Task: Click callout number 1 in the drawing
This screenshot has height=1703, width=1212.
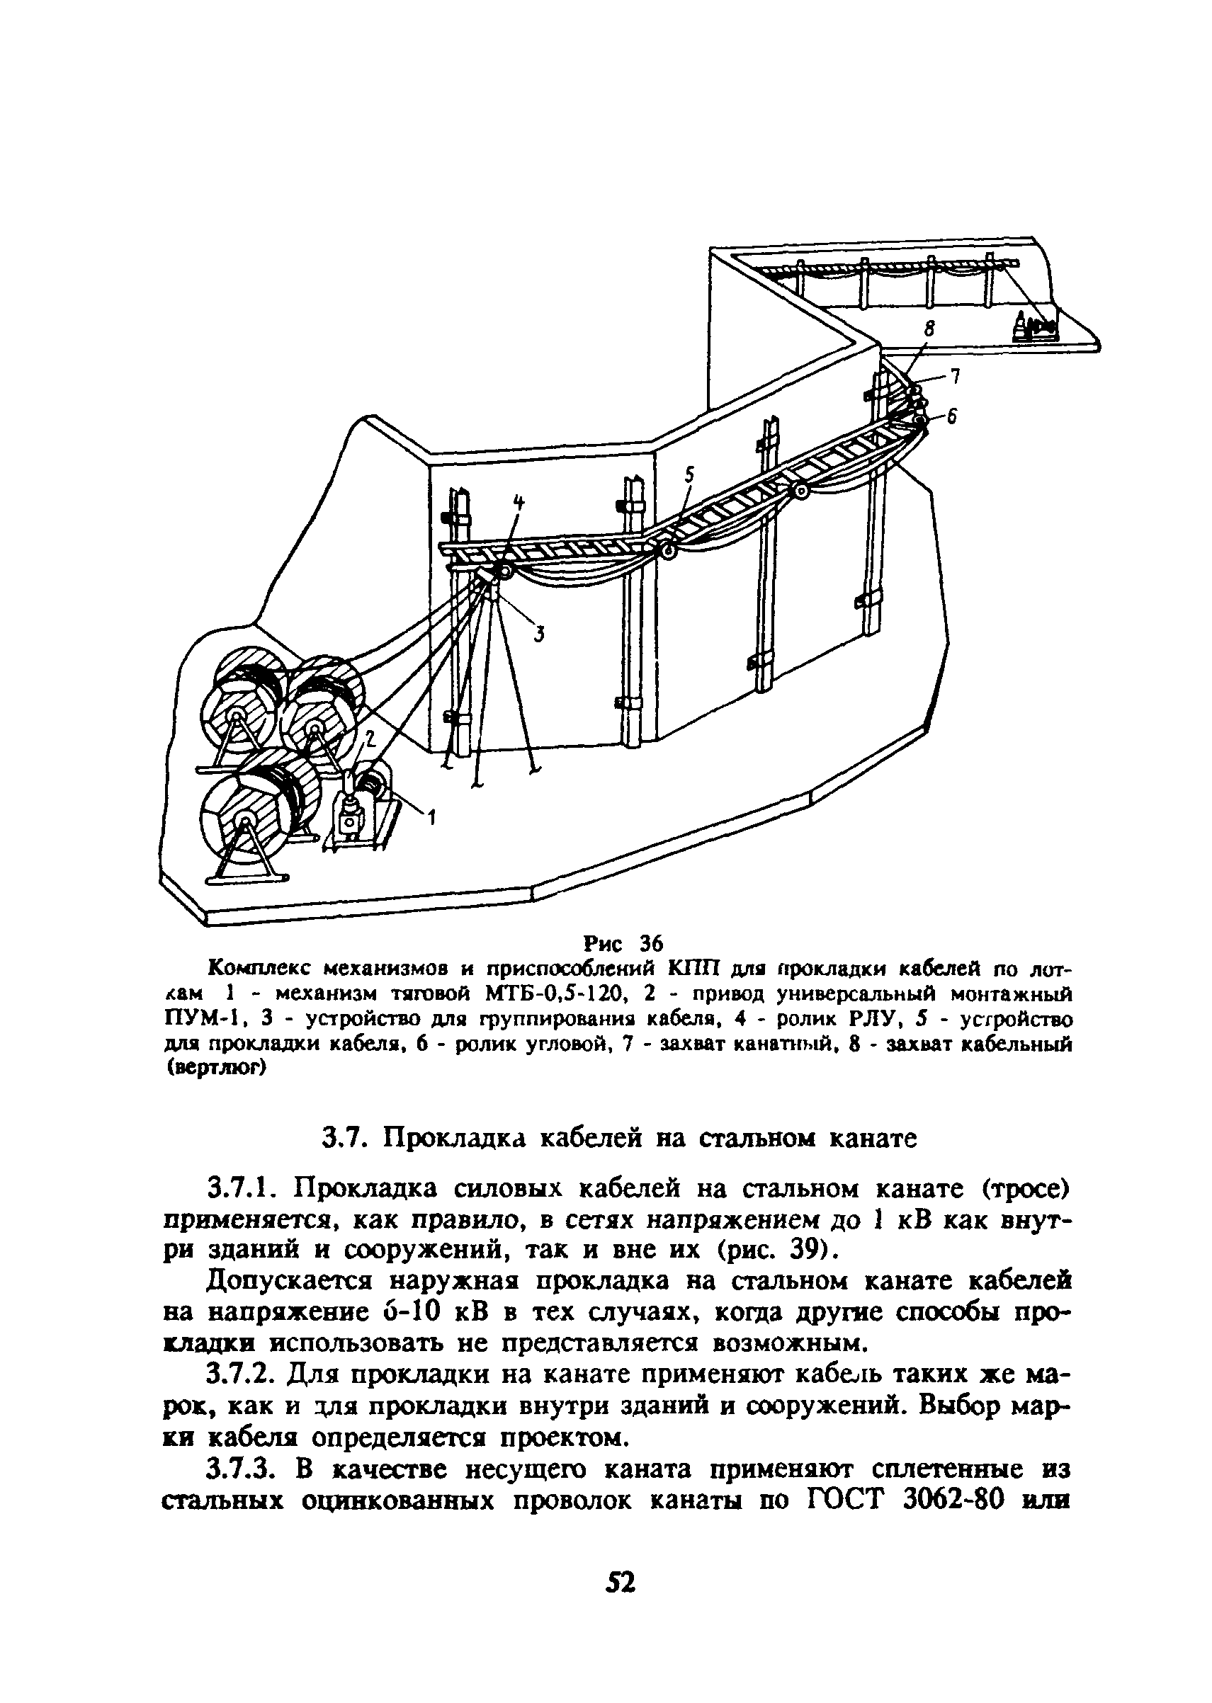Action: click(431, 819)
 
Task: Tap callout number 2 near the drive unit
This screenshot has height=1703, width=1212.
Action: click(368, 738)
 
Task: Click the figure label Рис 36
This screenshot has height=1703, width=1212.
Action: click(626, 943)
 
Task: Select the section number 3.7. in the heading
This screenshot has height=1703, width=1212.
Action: click(341, 1139)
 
